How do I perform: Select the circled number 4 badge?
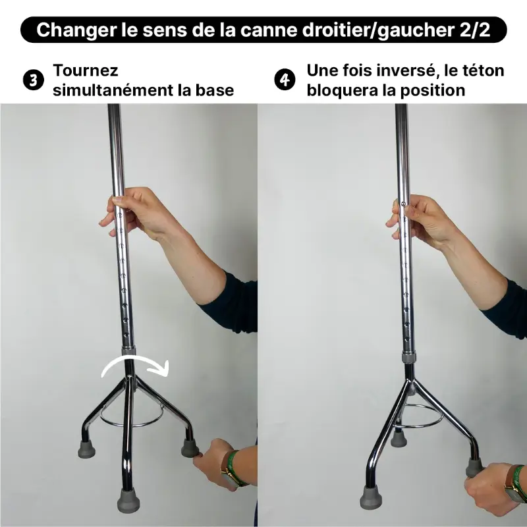[283, 80]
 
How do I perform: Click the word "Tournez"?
[86, 70]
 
